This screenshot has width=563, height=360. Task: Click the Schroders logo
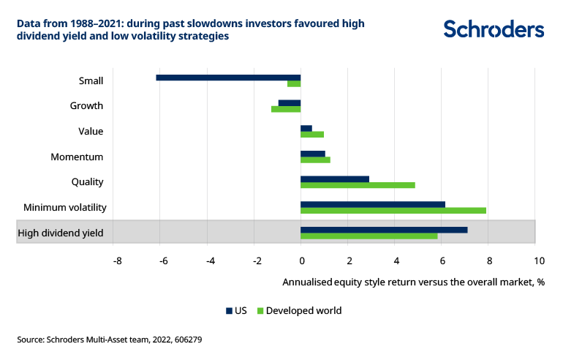tap(494, 29)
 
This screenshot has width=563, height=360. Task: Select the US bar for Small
tap(228, 77)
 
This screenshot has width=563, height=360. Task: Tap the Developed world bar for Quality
tap(358, 185)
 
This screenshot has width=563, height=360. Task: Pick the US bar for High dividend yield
tap(384, 230)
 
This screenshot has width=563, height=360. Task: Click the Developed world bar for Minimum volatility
tap(393, 211)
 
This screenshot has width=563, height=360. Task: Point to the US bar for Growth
tap(290, 102)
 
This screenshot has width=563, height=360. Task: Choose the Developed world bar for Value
tap(312, 135)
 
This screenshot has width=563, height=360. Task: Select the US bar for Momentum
tap(313, 154)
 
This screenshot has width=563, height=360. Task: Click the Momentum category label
tap(77, 157)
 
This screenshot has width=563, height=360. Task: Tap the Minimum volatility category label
tap(65, 208)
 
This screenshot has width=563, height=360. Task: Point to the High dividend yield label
tap(60, 233)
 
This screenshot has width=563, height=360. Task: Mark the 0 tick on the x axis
tap(301, 260)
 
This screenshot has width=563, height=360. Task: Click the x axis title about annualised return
tap(413, 282)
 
